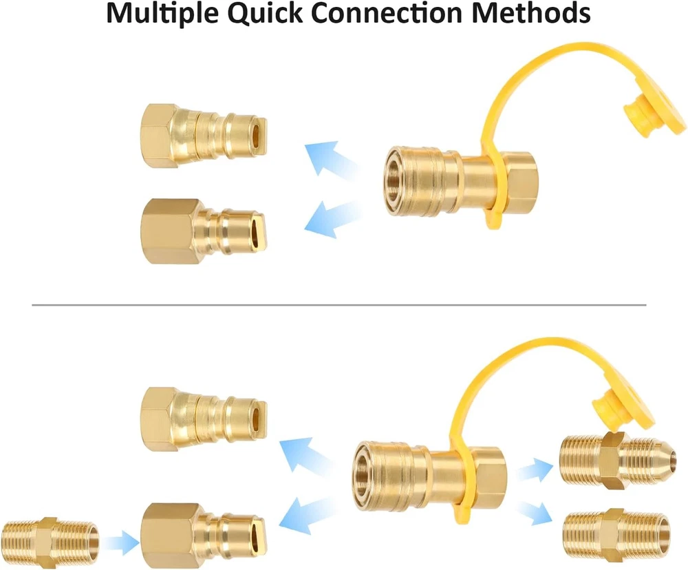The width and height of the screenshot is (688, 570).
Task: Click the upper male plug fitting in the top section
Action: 203,134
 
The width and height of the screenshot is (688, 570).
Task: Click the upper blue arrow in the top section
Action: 330,158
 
